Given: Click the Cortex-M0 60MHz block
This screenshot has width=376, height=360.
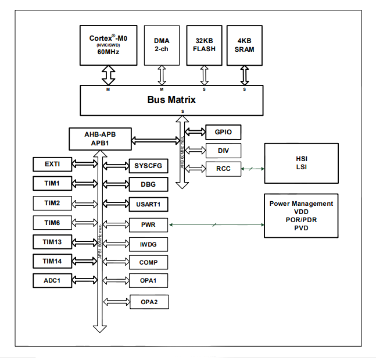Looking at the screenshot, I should click(x=108, y=44).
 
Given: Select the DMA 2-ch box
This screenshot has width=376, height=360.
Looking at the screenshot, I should click(x=162, y=44).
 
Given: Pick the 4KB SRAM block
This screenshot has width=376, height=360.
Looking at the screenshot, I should click(x=245, y=44).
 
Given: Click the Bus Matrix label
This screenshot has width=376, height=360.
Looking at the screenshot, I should click(x=171, y=99).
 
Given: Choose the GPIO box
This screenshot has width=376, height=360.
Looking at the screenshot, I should click(x=223, y=132).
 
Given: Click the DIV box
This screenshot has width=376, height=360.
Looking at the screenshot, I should click(x=223, y=151).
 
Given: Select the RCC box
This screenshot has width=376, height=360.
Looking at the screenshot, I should click(x=223, y=169).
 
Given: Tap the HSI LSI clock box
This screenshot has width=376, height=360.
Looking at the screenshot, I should click(x=301, y=163).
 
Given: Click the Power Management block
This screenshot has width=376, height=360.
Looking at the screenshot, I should click(x=301, y=216).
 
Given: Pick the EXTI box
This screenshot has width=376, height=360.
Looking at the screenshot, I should click(x=52, y=165).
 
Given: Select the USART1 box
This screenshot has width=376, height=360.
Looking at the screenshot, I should click(x=148, y=204).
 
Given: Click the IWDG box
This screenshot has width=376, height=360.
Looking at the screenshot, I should click(x=148, y=243).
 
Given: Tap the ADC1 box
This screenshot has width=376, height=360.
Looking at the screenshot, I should click(x=52, y=281).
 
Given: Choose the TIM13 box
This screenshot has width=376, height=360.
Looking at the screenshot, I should click(x=52, y=242).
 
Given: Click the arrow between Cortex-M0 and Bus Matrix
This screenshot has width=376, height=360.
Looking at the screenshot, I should click(x=108, y=75).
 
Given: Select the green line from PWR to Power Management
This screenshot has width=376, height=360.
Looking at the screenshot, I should click(x=216, y=224).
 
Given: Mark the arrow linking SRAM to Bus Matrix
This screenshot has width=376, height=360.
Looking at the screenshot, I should click(x=245, y=75).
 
